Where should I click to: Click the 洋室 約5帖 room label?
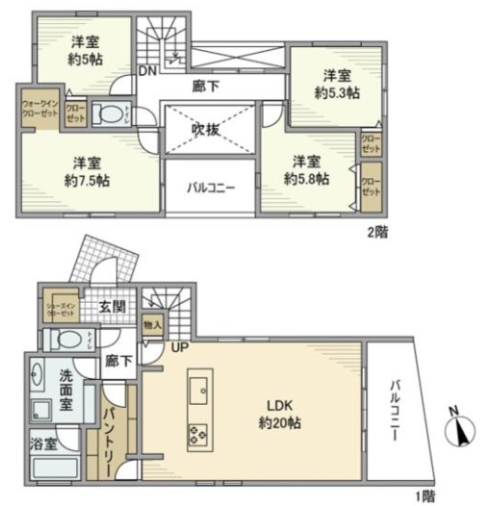87,49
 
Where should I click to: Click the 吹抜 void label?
206,128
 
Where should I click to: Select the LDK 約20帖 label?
271,413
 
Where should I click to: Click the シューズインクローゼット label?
61,309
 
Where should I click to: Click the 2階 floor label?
380,232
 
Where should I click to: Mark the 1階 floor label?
424,496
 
